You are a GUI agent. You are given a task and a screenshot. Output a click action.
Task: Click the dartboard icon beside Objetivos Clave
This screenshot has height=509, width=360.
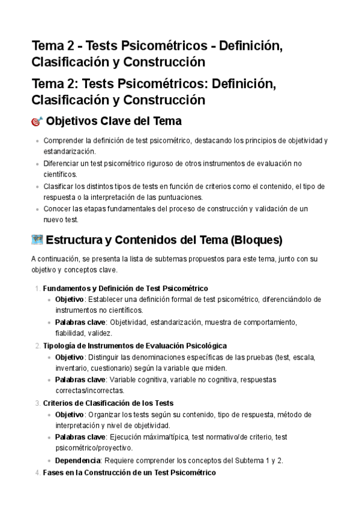click(x=37, y=122)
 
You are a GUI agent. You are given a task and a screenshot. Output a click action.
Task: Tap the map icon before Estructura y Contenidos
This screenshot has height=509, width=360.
click(x=37, y=241)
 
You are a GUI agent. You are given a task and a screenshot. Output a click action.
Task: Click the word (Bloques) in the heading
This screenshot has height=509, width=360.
click(x=256, y=241)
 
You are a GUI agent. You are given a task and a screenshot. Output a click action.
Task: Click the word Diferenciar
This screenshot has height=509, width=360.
click(x=62, y=163)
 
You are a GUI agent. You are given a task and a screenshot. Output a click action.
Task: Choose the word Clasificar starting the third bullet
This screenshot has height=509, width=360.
click(x=61, y=186)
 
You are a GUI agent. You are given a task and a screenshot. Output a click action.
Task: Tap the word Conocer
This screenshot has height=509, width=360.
click(x=59, y=209)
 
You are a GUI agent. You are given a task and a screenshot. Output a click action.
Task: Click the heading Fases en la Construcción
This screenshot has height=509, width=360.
click(x=130, y=472)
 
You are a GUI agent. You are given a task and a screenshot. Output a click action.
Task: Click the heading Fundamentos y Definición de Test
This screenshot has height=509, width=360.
click(x=125, y=288)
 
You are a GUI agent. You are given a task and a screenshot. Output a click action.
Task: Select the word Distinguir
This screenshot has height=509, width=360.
click(x=106, y=357)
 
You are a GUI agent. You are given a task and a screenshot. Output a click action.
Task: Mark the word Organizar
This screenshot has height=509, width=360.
click(x=106, y=415)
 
